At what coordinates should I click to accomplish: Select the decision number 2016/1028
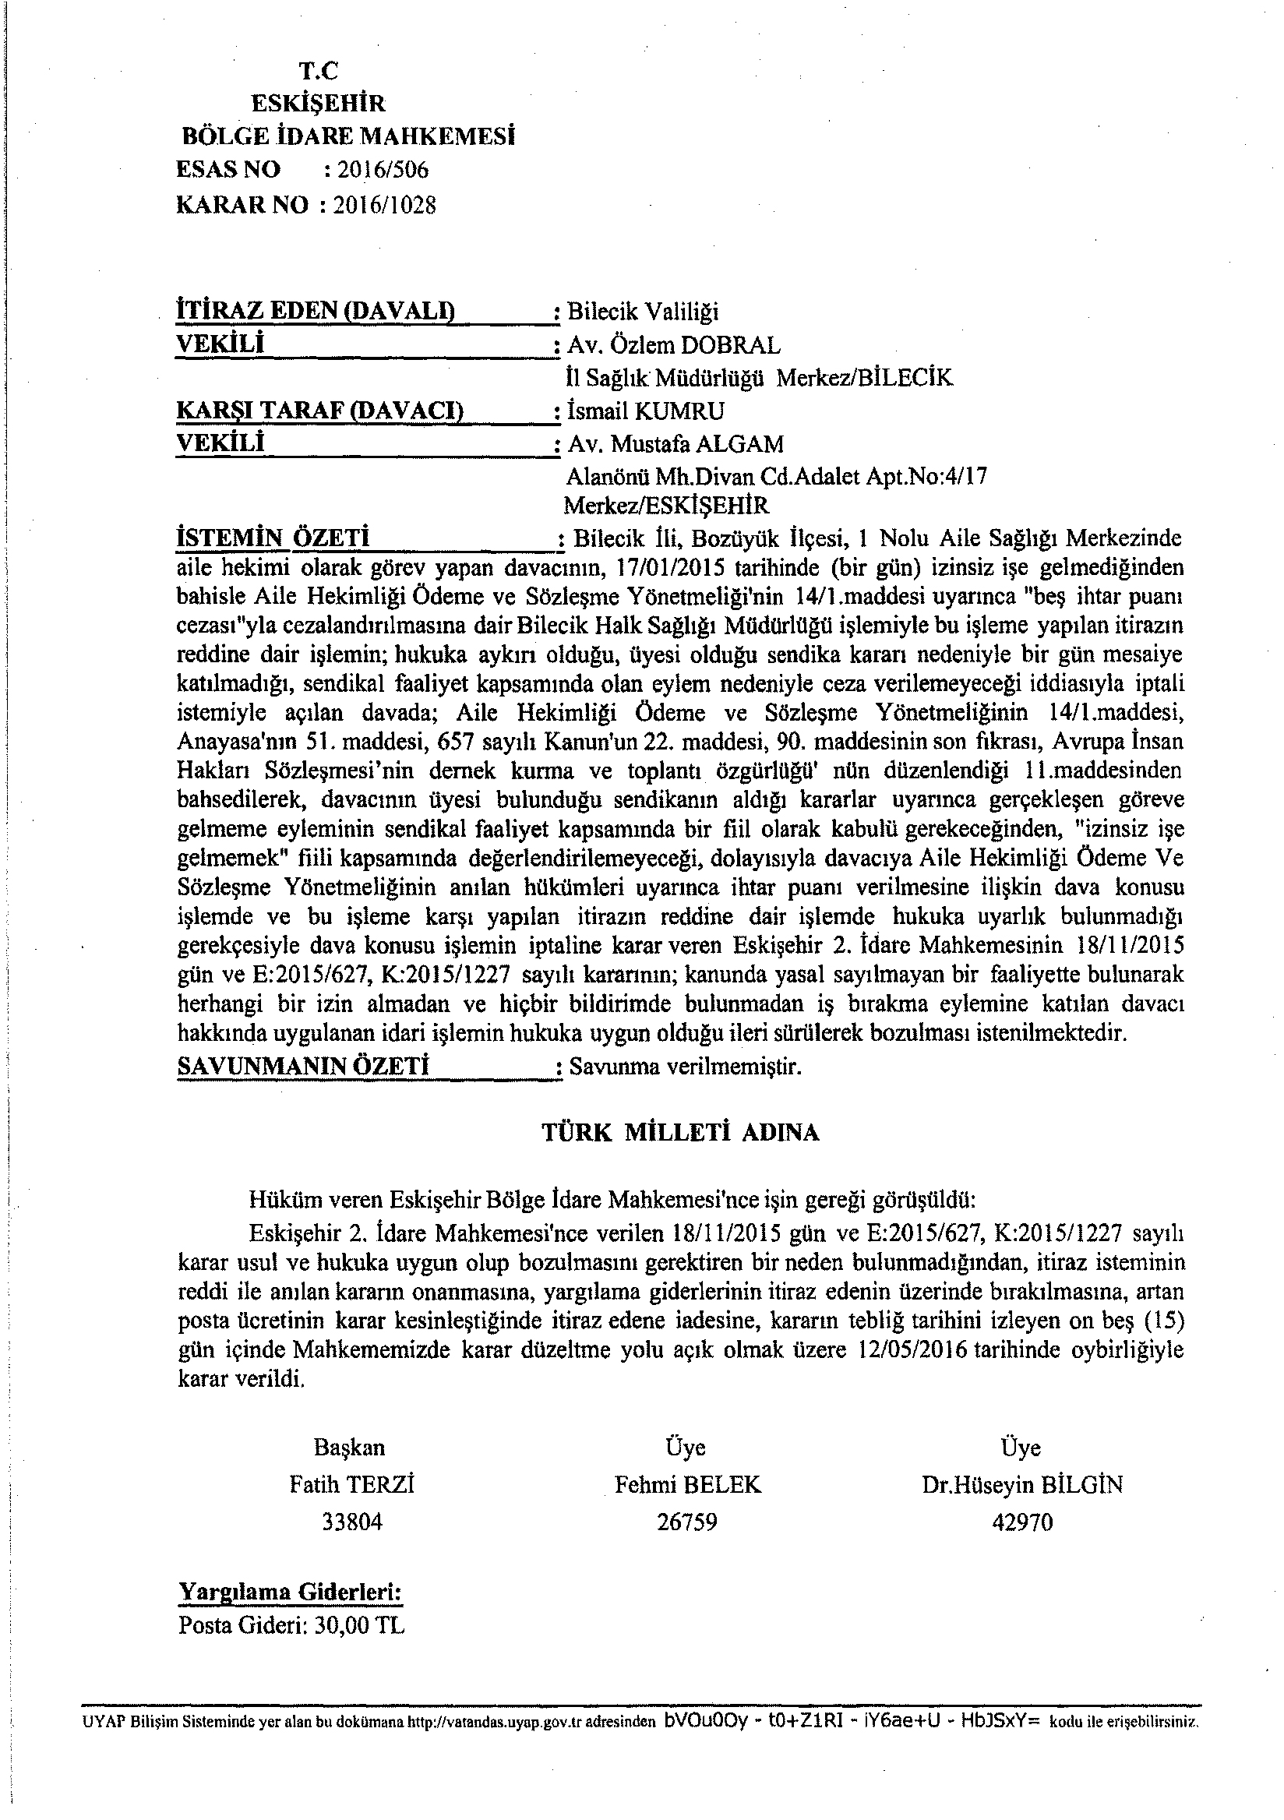point(385,206)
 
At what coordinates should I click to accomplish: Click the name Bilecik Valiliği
point(643,312)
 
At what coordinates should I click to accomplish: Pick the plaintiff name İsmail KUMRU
point(645,411)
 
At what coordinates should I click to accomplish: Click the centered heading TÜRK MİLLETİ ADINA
point(680,1132)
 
